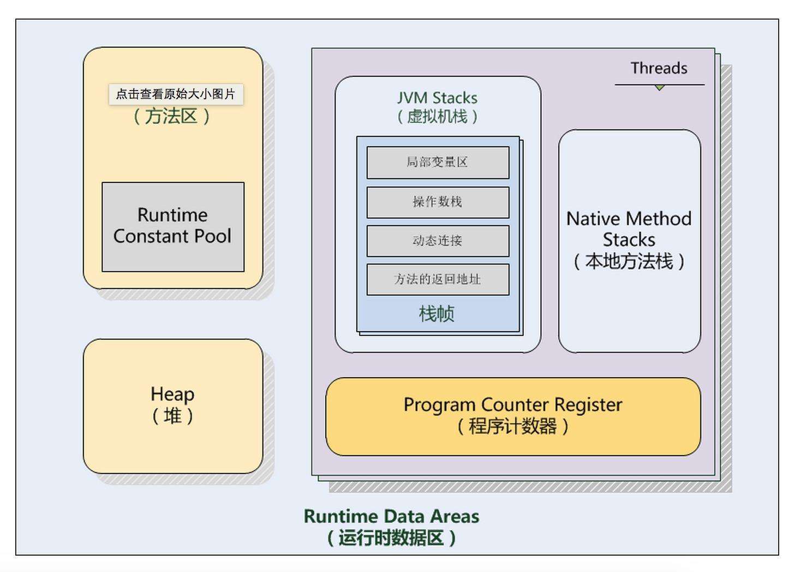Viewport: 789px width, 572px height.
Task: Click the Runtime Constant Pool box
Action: point(173,227)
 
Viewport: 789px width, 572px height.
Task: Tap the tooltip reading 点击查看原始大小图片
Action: point(176,94)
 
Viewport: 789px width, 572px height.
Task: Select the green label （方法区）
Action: point(172,116)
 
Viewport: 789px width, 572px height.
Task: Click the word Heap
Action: point(172,394)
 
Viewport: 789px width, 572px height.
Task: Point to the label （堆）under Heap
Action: point(172,416)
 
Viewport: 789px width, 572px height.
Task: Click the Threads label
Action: point(659,68)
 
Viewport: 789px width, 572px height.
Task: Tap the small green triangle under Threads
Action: point(660,87)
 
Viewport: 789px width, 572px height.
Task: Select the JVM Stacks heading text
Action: point(437,98)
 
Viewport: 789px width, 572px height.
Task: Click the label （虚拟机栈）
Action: point(437,116)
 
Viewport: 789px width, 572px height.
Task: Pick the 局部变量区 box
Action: point(438,162)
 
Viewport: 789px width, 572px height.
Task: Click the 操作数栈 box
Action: point(438,202)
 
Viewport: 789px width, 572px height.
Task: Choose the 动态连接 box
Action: point(438,241)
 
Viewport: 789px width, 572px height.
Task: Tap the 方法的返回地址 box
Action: point(438,279)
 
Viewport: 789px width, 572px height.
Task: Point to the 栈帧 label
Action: point(437,314)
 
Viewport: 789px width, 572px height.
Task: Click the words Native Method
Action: point(629,219)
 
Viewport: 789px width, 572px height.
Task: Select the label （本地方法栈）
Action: point(629,261)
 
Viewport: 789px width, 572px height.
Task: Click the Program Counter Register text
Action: point(512,405)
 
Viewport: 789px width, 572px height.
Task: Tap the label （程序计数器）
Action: point(512,426)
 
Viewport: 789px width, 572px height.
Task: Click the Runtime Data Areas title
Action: point(391,516)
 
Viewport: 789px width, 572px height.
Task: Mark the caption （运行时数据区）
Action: point(391,538)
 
